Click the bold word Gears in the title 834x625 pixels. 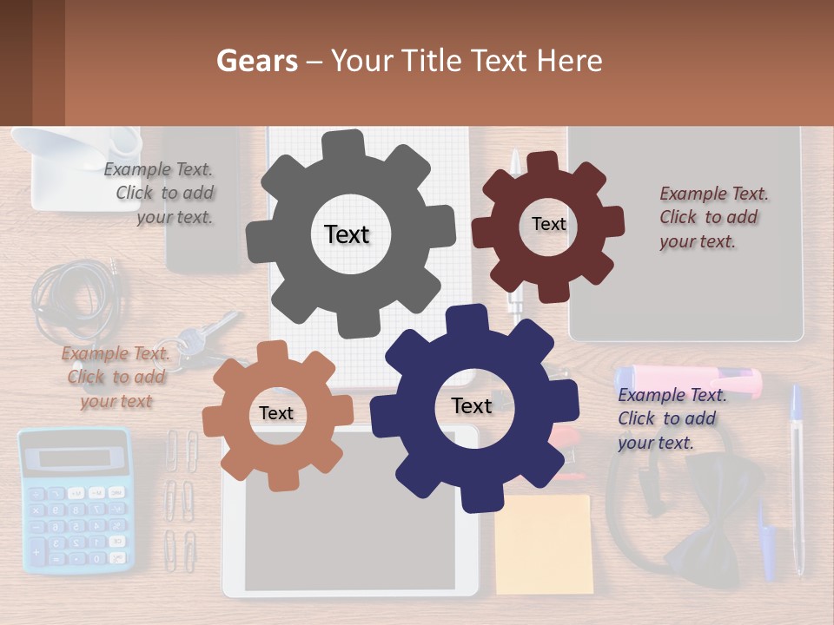256,61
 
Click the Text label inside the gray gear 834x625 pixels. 347,234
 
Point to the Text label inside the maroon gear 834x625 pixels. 548,224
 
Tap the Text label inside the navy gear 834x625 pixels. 471,405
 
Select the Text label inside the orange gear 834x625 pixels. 275,413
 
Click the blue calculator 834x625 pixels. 76,521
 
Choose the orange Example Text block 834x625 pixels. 114,377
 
